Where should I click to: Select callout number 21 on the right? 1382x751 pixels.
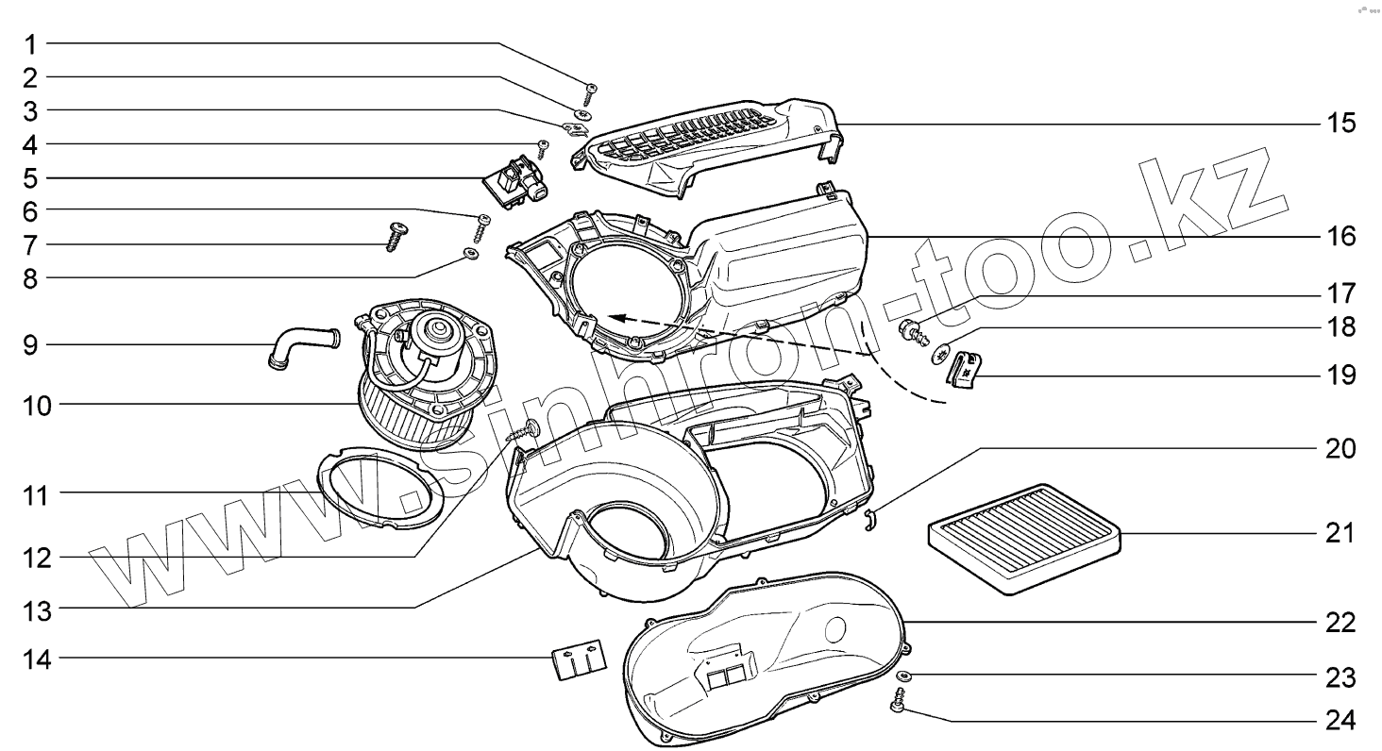pyautogui.click(x=1340, y=533)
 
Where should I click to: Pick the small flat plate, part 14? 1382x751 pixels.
pyautogui.click(x=578, y=658)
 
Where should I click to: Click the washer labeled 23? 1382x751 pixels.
pyautogui.click(x=903, y=676)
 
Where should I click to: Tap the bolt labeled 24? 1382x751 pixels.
pyautogui.click(x=898, y=704)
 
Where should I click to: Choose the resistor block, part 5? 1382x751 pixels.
pyautogui.click(x=517, y=179)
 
